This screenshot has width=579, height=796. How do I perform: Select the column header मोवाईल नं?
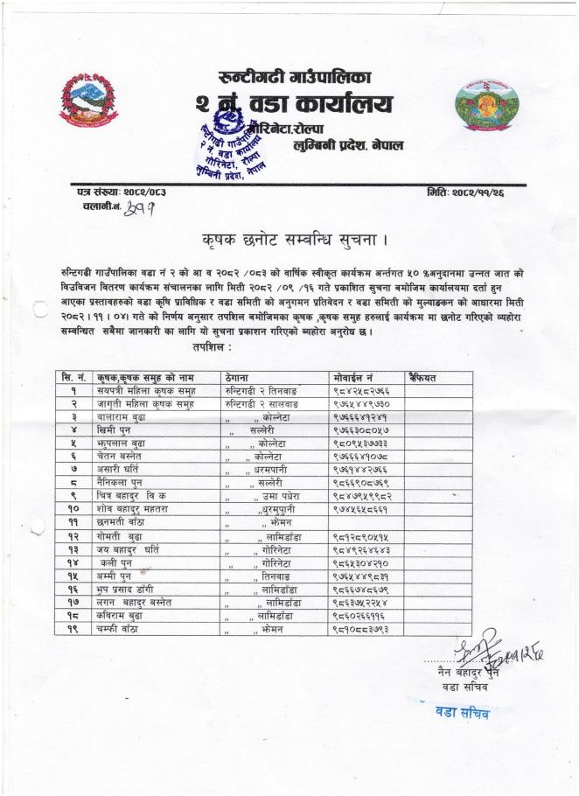click(354, 376)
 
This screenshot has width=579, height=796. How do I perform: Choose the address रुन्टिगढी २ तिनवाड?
click(262, 392)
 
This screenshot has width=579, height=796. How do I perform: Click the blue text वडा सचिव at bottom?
click(463, 711)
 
